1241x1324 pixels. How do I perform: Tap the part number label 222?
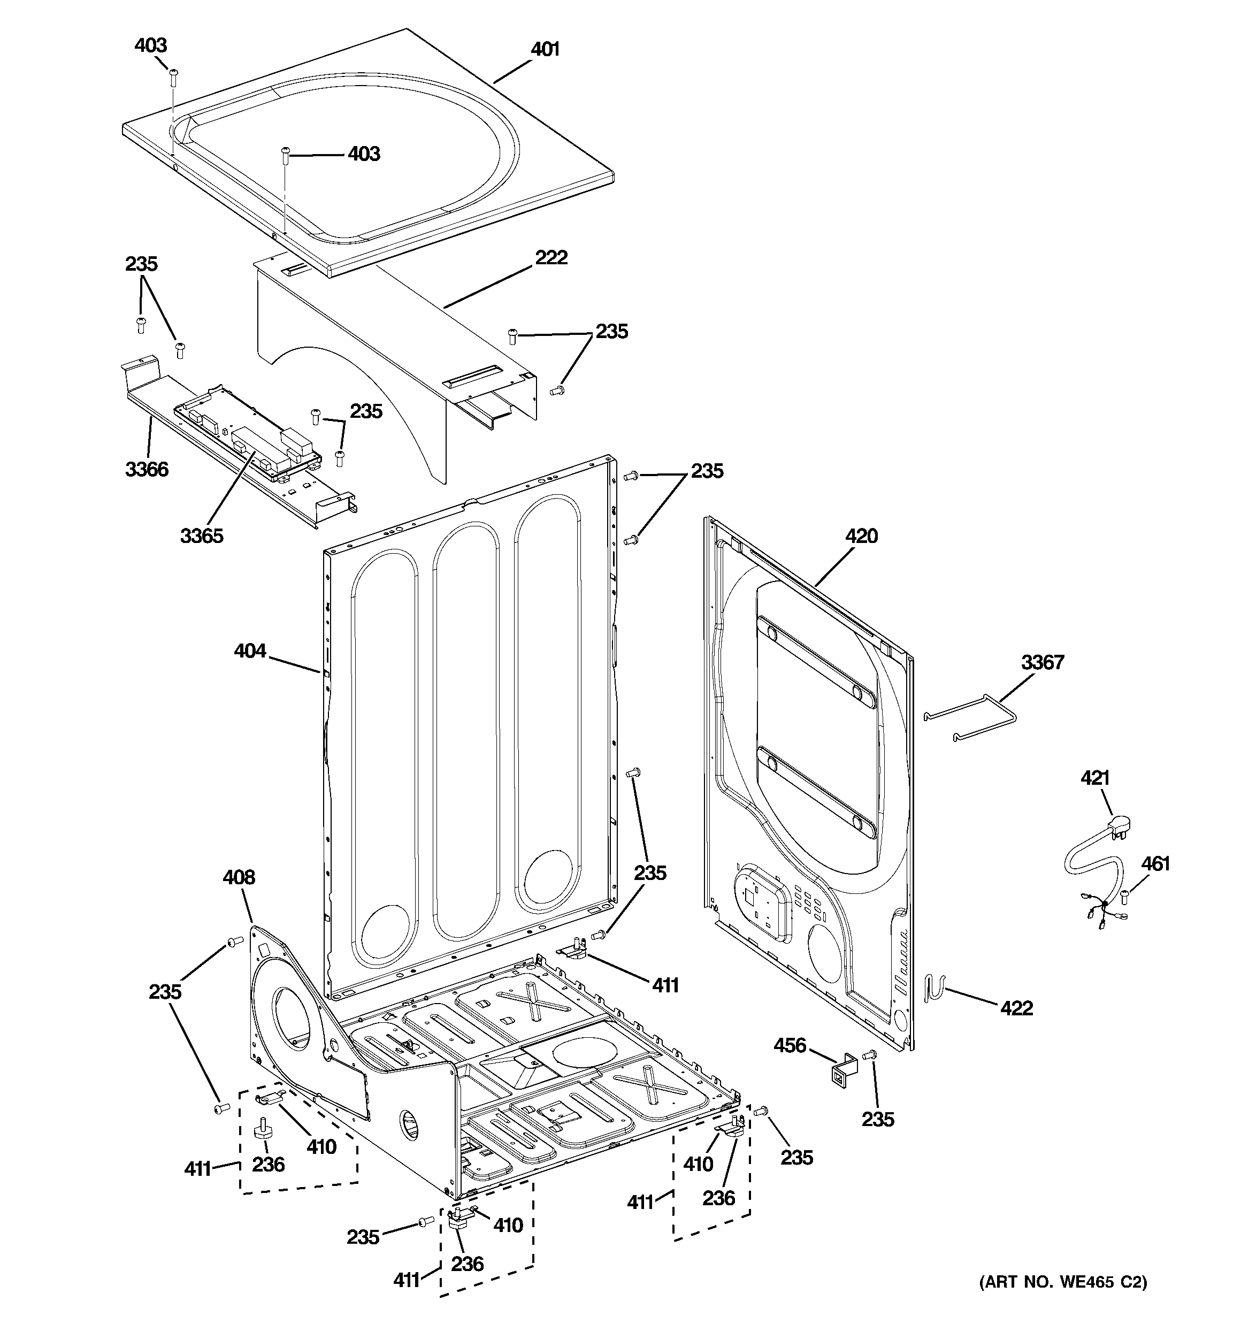tap(551, 257)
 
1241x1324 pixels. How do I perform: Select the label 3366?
tap(147, 470)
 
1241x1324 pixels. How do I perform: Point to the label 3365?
tap(201, 535)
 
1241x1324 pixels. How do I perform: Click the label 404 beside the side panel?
tap(250, 650)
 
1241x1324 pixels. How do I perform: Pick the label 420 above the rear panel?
tap(861, 535)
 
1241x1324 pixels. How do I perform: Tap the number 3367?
tap(1043, 662)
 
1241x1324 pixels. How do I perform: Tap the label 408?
tap(239, 877)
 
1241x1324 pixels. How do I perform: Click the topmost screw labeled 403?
tap(173, 77)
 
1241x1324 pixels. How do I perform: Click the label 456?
tap(790, 1046)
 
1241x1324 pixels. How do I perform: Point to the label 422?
tap(1016, 1008)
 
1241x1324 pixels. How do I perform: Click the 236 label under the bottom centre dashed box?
tap(466, 1264)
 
